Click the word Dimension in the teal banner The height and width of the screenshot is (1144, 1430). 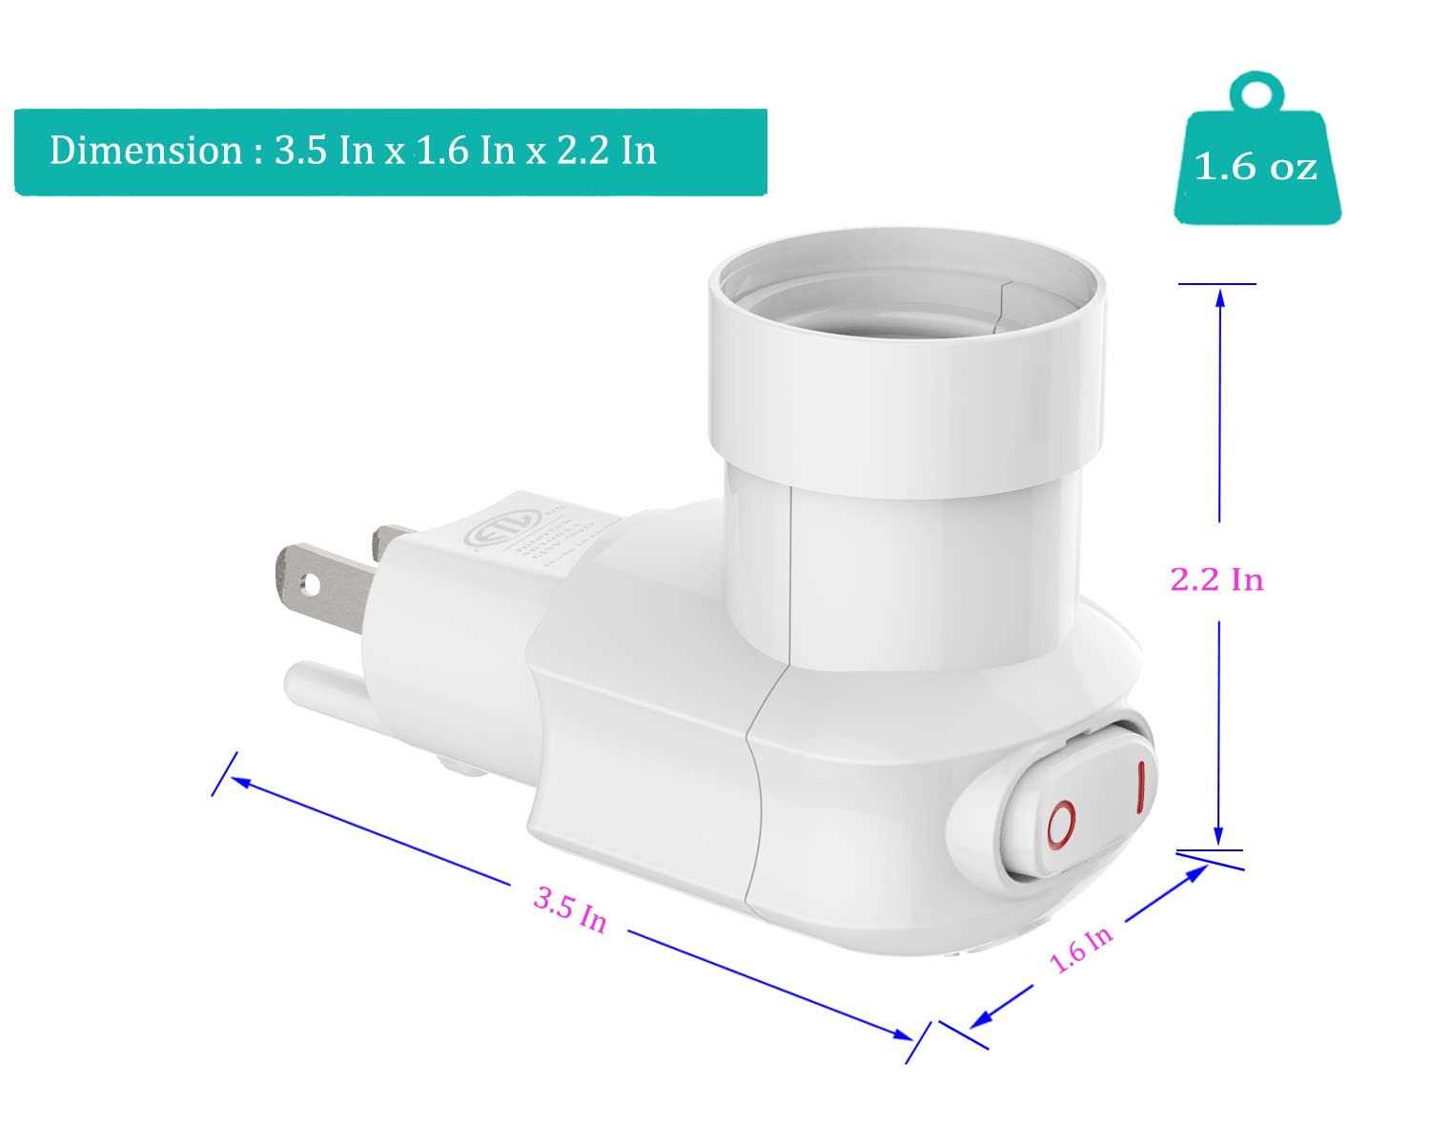click(146, 152)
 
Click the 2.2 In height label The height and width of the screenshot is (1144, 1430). click(1216, 580)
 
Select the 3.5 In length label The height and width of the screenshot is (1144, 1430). click(569, 909)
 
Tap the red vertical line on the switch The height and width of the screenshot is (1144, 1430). click(1139, 787)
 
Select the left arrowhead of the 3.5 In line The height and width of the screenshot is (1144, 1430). click(240, 783)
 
